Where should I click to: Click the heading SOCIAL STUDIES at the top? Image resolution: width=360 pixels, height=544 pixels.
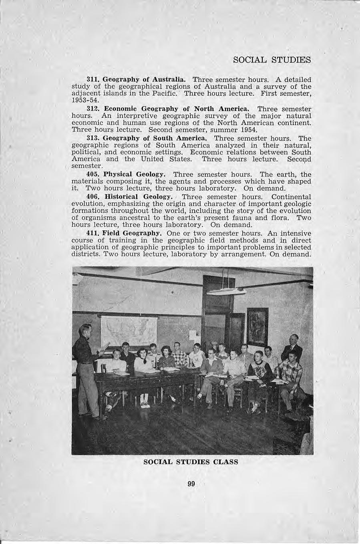click(272, 60)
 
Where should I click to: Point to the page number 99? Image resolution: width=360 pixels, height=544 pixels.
click(191, 484)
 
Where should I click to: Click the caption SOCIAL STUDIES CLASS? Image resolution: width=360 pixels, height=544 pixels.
click(191, 461)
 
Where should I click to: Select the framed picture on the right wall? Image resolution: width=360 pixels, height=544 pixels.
click(257, 326)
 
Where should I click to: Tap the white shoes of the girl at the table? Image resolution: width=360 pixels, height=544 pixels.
click(145, 405)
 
